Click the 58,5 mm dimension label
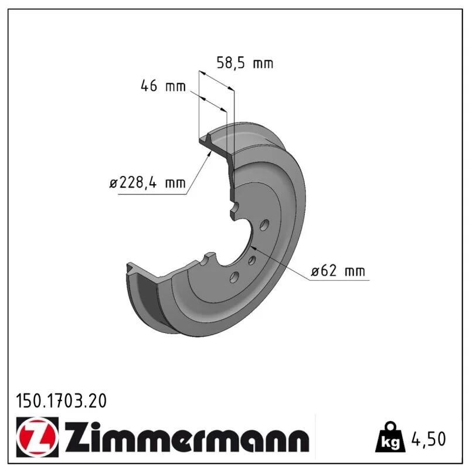[245, 63]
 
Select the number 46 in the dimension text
[149, 86]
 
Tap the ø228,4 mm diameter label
[148, 182]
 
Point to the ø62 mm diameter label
[338, 271]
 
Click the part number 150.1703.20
[62, 401]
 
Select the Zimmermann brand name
[186, 437]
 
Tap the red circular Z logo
[38, 437]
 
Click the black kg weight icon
[390, 437]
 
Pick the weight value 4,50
[429, 439]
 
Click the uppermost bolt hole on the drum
[264, 225]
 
